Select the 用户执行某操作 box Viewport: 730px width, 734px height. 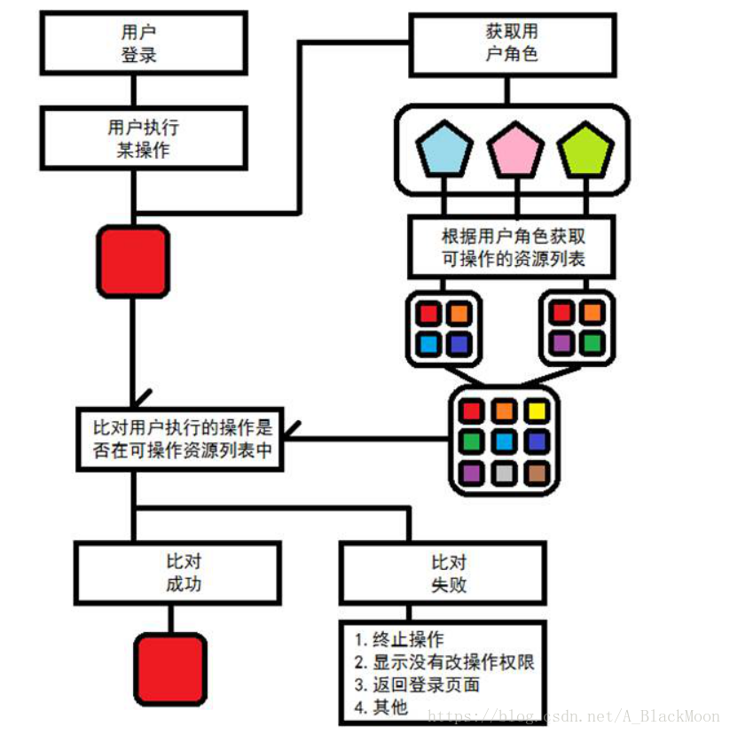point(143,138)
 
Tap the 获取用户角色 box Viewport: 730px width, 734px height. point(512,43)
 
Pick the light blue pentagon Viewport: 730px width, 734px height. point(443,150)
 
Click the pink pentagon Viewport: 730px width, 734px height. point(514,150)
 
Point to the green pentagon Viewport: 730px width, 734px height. point(585,150)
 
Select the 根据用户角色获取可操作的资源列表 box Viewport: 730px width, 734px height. point(513,248)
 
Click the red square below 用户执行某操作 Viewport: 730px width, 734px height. point(133,261)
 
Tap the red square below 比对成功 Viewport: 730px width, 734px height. point(170,668)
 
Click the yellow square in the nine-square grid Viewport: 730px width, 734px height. point(536,410)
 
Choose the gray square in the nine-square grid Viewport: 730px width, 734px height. point(503,472)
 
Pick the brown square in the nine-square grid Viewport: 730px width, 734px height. point(536,472)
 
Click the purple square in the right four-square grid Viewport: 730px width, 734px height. point(561,343)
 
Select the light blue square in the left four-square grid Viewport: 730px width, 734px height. point(428,343)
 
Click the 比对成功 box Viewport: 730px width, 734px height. point(177,573)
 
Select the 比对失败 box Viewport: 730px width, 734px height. point(443,573)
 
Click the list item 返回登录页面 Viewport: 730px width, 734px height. point(417,684)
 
